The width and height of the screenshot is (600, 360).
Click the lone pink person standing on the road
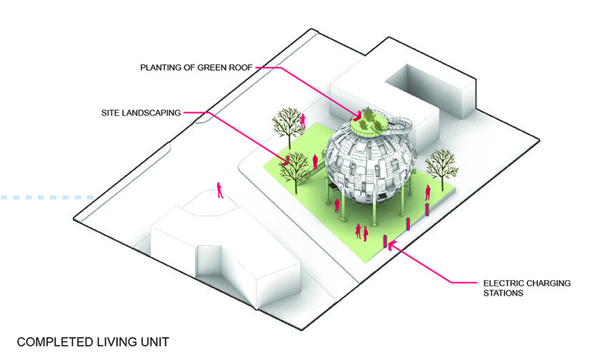(x=220, y=191)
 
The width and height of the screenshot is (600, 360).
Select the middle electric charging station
(x=408, y=224)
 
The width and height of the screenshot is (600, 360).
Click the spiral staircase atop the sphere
(x=399, y=128)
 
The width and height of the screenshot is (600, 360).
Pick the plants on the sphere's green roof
(x=366, y=120)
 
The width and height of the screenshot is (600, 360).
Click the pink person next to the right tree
(x=427, y=192)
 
